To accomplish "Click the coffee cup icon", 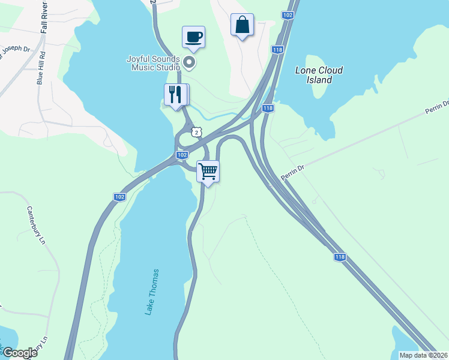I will (193, 37).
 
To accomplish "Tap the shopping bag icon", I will (242, 25).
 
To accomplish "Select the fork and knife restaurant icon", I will (175, 95).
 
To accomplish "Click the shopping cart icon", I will (208, 171).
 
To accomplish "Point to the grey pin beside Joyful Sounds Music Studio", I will (190, 62).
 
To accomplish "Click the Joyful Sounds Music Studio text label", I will (153, 63).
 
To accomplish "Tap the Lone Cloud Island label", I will (319, 75).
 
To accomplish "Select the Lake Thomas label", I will (152, 292).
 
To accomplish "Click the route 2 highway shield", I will (196, 131).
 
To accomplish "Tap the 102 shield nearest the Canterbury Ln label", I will (119, 197).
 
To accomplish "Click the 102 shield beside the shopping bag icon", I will (288, 15).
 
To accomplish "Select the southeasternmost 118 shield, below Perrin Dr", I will (340, 257).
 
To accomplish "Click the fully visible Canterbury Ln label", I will (36, 226).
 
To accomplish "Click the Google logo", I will (19, 353).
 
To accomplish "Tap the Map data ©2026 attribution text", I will (423, 355).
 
